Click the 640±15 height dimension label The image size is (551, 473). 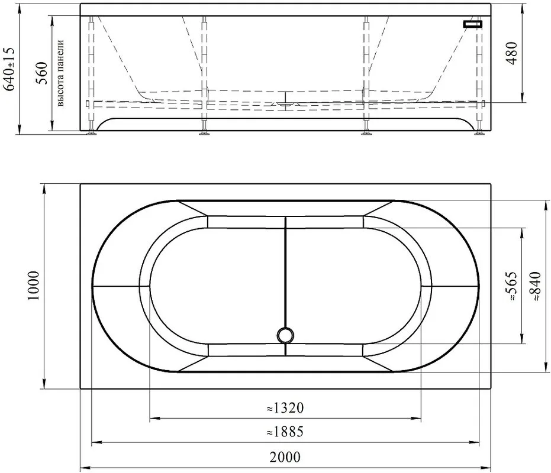[9, 69]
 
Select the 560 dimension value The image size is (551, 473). [42, 73]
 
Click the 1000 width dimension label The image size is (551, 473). [34, 286]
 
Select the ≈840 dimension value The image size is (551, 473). [536, 286]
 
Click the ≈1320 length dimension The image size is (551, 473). [285, 408]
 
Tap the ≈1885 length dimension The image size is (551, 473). [285, 432]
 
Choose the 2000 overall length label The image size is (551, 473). [285, 457]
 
